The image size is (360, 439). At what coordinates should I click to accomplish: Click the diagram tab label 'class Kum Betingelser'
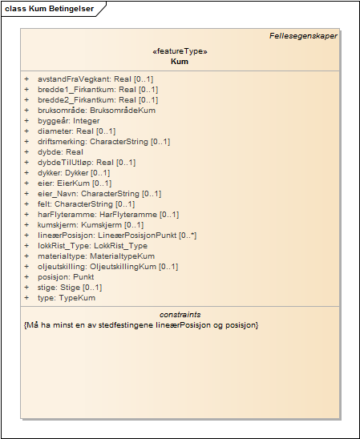(49, 8)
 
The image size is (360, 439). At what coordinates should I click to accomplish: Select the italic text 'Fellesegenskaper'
(303, 35)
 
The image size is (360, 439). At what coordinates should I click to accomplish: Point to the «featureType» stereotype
(180, 51)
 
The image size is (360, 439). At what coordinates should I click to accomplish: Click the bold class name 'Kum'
(180, 61)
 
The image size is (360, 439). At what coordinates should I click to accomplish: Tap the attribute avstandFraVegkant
(95, 79)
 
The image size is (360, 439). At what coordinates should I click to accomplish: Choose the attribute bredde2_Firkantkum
(96, 100)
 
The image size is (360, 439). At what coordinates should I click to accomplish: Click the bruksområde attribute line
(95, 111)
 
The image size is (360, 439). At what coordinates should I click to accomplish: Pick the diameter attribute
(76, 131)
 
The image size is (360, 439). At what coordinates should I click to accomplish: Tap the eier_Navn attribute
(87, 194)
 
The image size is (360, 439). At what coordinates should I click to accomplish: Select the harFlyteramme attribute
(96, 215)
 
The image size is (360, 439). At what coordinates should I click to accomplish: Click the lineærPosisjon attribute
(105, 236)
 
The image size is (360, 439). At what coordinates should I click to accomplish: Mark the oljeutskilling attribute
(96, 267)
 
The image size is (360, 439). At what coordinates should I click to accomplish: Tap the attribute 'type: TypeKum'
(66, 298)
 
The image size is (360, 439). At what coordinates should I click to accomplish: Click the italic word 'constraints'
(180, 315)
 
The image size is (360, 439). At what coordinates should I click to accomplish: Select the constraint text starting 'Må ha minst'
(141, 325)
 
